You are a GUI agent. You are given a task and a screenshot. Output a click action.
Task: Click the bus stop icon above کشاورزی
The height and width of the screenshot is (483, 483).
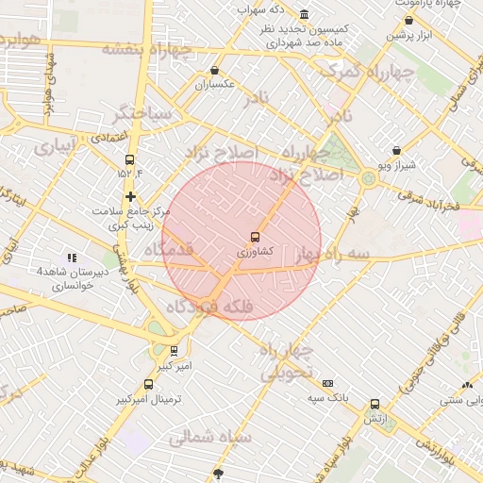pyautogui.click(x=255, y=237)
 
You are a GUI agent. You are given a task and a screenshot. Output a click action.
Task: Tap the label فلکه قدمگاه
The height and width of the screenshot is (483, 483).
pyautogui.click(x=208, y=307)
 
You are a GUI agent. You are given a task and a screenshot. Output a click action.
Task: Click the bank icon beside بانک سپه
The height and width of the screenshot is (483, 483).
pyautogui.click(x=327, y=383)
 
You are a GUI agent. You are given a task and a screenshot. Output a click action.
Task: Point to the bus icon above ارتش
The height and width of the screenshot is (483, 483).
pyautogui.click(x=375, y=404)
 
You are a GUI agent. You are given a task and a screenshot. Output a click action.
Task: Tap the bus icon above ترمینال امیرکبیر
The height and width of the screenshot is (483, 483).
pyautogui.click(x=148, y=384)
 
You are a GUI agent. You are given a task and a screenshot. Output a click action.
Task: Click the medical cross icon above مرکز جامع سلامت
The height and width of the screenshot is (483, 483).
pyautogui.click(x=130, y=195)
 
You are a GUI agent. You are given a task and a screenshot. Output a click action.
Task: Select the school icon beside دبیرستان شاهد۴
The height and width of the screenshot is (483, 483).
pyautogui.click(x=71, y=258)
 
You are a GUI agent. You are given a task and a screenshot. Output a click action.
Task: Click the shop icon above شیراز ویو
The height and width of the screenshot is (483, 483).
pyautogui.click(x=395, y=150)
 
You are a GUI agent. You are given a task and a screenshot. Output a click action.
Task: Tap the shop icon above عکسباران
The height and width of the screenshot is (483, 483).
pyautogui.click(x=215, y=70)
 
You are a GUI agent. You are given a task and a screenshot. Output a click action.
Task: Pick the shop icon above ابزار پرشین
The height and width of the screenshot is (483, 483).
pyautogui.click(x=408, y=20)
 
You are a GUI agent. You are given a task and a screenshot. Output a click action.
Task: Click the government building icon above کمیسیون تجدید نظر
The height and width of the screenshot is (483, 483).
pyautogui.click(x=304, y=15)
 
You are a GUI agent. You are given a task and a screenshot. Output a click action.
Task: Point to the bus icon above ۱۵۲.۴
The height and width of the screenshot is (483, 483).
pyautogui.click(x=129, y=159)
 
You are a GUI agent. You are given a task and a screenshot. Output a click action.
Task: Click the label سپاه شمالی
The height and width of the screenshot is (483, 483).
pyautogui.click(x=210, y=438)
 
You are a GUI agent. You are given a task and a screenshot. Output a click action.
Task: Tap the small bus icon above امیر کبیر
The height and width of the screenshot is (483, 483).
pyautogui.click(x=173, y=350)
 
